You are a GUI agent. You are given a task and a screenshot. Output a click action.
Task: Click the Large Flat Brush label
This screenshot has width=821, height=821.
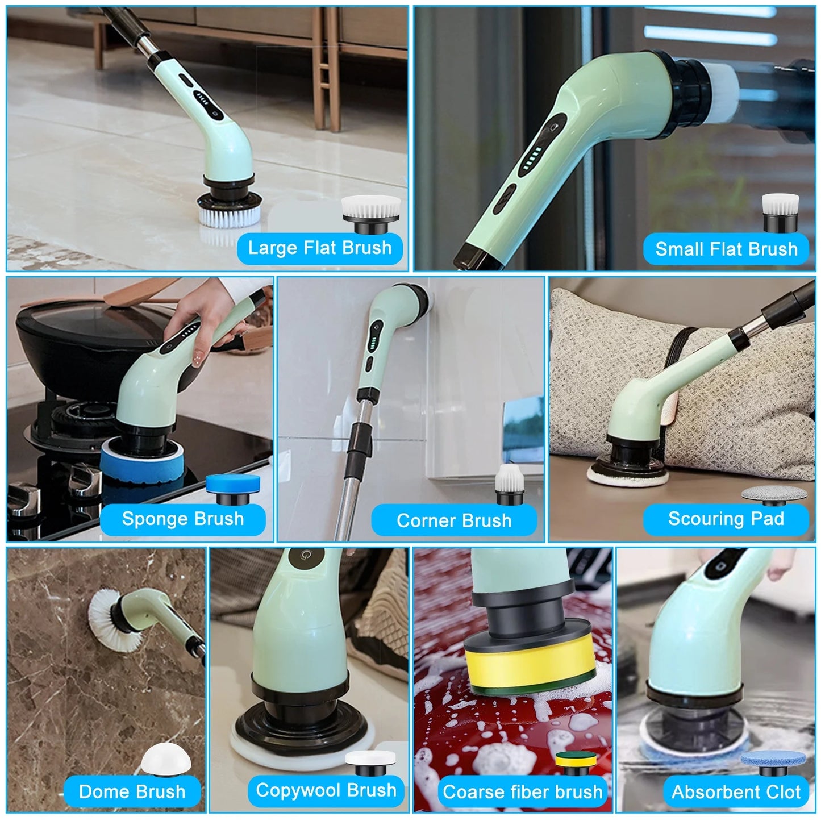coord(319,248)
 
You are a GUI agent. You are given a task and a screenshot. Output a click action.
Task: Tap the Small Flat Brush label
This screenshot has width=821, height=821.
coord(726,249)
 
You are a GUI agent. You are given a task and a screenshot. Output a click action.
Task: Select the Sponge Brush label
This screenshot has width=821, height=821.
coord(183,519)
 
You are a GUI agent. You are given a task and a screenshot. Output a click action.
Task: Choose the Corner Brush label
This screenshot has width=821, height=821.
coord(454,520)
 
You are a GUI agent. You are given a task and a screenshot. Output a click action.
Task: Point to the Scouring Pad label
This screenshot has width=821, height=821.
coord(726,519)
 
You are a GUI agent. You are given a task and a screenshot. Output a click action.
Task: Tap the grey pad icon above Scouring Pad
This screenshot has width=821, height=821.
coord(774,495)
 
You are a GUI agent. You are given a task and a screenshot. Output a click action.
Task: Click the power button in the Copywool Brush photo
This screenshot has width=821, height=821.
coord(305,555)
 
